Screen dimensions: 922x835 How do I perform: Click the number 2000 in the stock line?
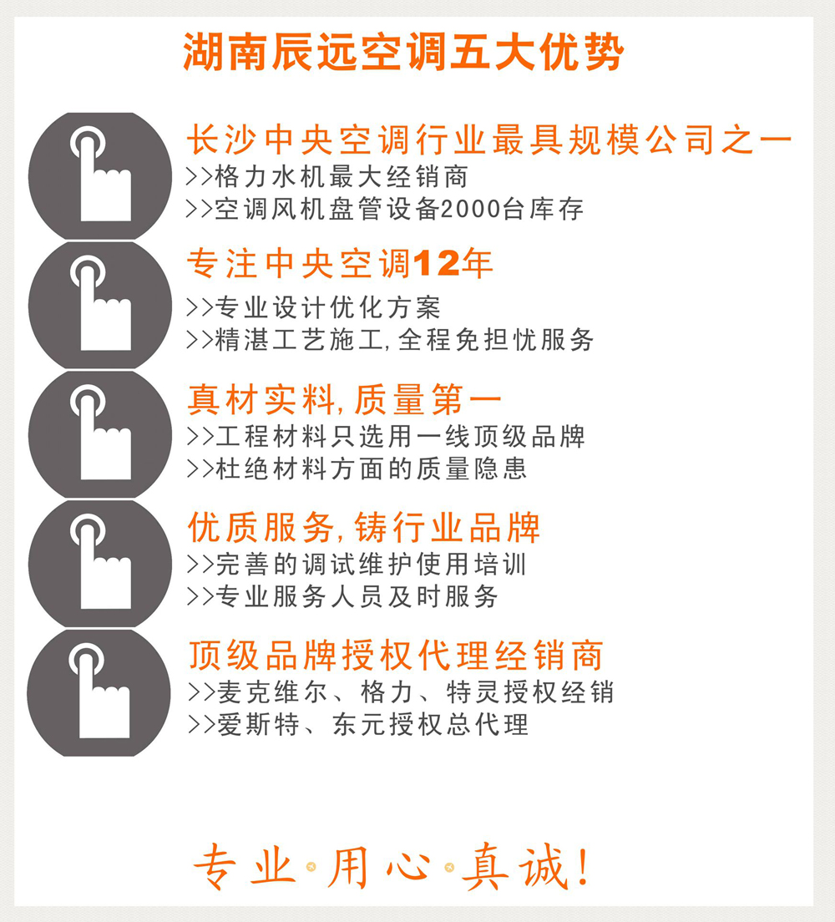pyautogui.click(x=469, y=209)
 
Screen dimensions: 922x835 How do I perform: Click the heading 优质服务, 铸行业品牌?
pyautogui.click(x=364, y=529)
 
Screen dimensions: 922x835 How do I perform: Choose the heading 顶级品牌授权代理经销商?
pyautogui.click(x=395, y=656)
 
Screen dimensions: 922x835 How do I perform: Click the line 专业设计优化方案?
pyautogui.click(x=327, y=307)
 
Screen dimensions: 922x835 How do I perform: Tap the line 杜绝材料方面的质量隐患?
pyautogui.click(x=371, y=468)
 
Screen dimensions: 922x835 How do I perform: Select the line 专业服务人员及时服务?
pyautogui.click(x=357, y=596)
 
